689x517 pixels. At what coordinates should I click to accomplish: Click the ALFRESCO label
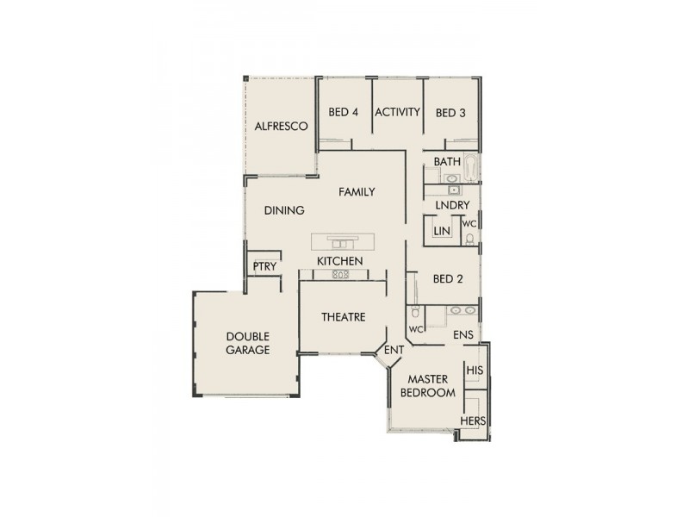tap(281, 126)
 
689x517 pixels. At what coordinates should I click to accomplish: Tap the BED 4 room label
tap(344, 112)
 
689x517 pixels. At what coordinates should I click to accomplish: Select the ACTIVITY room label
tap(398, 112)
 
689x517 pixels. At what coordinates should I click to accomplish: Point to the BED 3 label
tap(450, 112)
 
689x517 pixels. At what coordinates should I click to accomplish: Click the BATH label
tap(447, 162)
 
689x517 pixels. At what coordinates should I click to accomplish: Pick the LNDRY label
tap(452, 205)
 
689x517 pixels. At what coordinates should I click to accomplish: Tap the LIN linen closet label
tap(442, 231)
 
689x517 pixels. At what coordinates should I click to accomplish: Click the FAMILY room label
tap(356, 191)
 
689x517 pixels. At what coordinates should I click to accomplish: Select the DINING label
tap(284, 209)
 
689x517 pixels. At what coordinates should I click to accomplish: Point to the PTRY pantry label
tap(265, 266)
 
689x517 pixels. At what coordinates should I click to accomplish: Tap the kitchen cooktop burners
tap(340, 275)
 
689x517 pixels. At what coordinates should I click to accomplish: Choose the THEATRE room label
tap(344, 317)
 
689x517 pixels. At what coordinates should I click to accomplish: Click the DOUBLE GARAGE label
tap(248, 343)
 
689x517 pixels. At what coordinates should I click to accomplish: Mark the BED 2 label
tap(448, 278)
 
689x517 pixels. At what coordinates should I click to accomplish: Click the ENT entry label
tap(394, 350)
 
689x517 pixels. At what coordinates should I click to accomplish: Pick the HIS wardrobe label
tap(474, 371)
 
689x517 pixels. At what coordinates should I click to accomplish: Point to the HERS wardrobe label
tap(473, 420)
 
